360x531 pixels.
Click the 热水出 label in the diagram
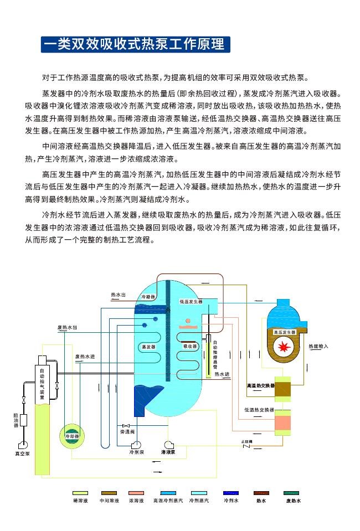point(118,295)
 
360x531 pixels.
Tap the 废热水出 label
point(67,328)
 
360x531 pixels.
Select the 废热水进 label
point(85,356)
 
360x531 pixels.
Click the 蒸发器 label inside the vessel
point(148,347)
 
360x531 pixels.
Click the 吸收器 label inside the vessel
point(190,346)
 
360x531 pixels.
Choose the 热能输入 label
point(318,347)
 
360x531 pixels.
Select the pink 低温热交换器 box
point(283,422)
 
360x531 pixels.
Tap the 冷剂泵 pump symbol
point(136,444)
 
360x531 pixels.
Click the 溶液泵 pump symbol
point(169,444)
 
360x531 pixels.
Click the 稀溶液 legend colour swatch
point(81,493)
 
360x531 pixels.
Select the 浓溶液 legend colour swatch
point(136,493)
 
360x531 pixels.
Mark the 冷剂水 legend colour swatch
point(230,493)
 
